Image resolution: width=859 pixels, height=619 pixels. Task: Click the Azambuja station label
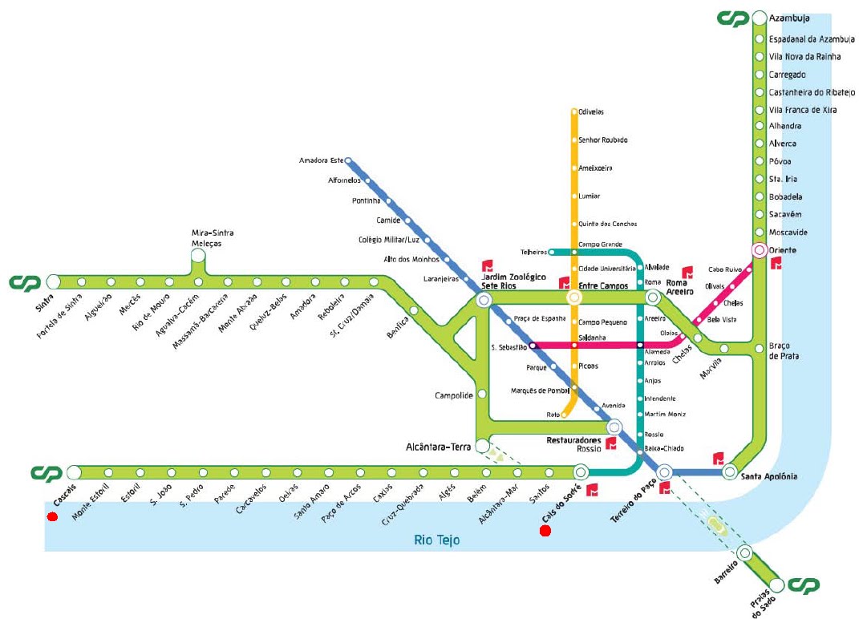789,18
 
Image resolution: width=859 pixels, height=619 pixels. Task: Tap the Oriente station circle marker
759,250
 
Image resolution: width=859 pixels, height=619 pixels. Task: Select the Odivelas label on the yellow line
592,112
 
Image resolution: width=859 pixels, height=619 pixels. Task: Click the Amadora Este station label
321,160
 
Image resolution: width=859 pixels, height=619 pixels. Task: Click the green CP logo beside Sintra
25,282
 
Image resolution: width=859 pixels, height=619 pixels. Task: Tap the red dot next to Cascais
52,517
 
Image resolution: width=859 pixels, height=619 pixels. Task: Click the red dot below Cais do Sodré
545,531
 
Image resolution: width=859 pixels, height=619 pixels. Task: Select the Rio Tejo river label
437,540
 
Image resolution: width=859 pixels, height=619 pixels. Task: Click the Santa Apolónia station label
769,476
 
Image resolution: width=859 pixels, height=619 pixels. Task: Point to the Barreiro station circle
744,552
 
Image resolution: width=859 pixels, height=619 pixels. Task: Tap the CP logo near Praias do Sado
804,586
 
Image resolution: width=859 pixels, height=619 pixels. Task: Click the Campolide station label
452,395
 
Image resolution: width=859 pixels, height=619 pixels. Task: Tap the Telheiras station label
533,252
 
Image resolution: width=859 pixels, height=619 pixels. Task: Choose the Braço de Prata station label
784,350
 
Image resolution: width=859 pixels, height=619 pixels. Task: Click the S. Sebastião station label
509,347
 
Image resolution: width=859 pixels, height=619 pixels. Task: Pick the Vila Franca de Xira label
802,110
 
